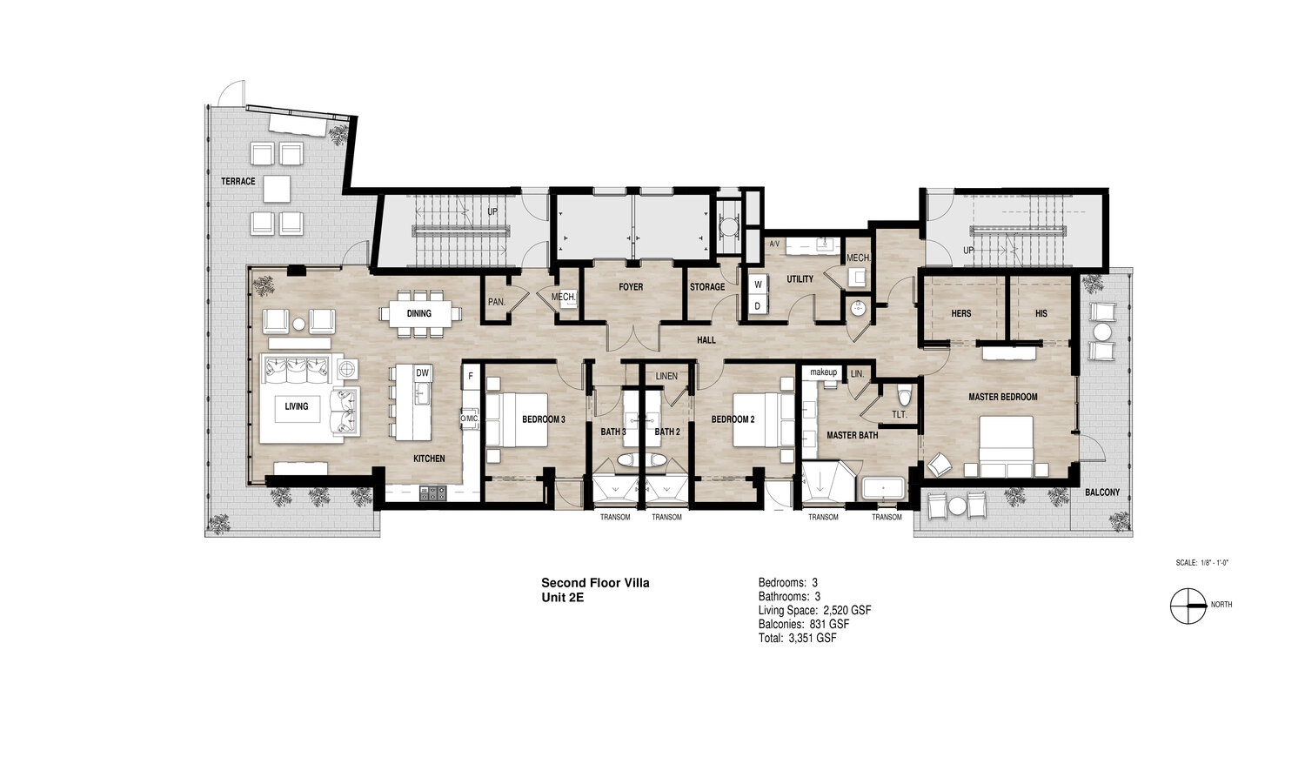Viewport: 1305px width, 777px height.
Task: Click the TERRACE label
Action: (238, 181)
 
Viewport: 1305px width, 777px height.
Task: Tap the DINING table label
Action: (418, 313)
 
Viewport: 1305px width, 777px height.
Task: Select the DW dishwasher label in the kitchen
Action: (422, 372)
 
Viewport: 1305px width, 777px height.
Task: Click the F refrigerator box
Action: (471, 376)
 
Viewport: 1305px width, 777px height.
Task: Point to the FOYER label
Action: (631, 286)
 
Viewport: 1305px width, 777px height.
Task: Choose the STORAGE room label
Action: (707, 286)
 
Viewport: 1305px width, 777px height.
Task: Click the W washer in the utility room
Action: (758, 285)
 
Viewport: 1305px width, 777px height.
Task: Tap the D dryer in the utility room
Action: (758, 305)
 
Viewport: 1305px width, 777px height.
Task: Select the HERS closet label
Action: (960, 313)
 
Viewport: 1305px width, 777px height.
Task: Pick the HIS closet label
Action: (1041, 313)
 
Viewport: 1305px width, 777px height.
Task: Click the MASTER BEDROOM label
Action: (1002, 397)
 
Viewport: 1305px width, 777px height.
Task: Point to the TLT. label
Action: (900, 414)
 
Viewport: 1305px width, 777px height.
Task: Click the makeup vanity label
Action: (824, 372)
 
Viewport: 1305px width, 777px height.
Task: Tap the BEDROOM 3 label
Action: (544, 419)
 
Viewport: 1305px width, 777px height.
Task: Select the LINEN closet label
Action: (666, 376)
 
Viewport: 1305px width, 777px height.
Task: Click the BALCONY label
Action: (1102, 492)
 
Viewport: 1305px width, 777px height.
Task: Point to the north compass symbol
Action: (1188, 606)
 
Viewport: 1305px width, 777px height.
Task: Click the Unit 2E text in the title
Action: (563, 596)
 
